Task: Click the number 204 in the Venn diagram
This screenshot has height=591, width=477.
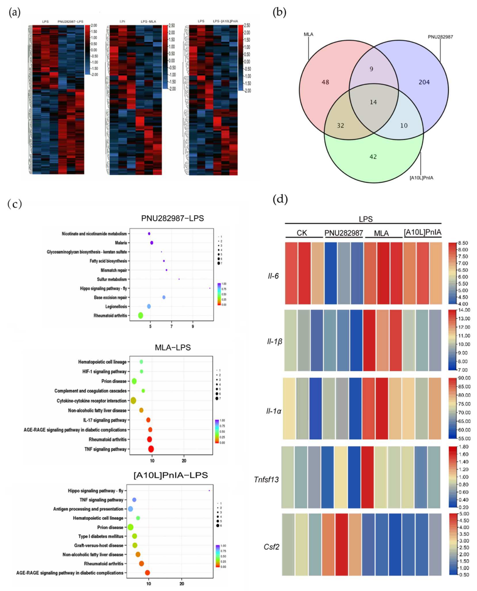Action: tap(424, 82)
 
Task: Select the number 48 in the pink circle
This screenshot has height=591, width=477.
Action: tap(325, 82)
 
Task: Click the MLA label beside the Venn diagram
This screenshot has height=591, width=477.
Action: tap(308, 34)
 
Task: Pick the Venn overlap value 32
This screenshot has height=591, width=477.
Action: tap(340, 126)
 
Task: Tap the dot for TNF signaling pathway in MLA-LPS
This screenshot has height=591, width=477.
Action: tap(151, 449)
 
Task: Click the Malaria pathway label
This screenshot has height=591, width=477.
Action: tap(121, 243)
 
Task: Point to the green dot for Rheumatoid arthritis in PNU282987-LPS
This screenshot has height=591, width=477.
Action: tap(140, 316)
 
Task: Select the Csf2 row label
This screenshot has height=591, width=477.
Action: tap(272, 547)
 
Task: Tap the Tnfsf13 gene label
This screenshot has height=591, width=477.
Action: tap(266, 480)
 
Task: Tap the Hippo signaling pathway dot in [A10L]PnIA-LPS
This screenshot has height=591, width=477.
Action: tap(209, 490)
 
